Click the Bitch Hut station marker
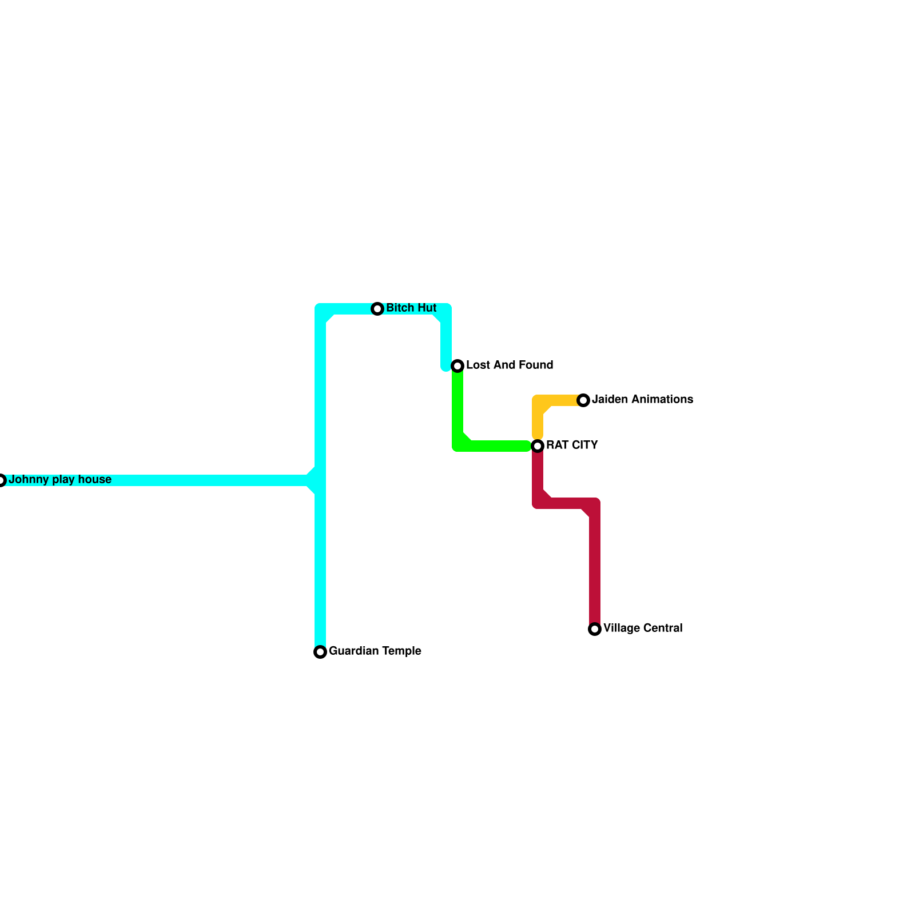point(377,309)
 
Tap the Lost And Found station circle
point(457,366)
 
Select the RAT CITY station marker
point(538,446)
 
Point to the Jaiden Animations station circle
point(583,400)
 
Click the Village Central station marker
point(595,629)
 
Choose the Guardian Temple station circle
point(320,652)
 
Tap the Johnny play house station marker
point(2,480)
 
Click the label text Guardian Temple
point(375,651)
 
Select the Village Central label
point(643,628)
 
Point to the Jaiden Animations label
point(642,400)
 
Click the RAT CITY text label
point(572,445)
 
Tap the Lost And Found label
point(510,365)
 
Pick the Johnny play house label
point(60,480)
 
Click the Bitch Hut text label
point(411,308)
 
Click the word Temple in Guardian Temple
point(401,651)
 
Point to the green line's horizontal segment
point(498,446)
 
